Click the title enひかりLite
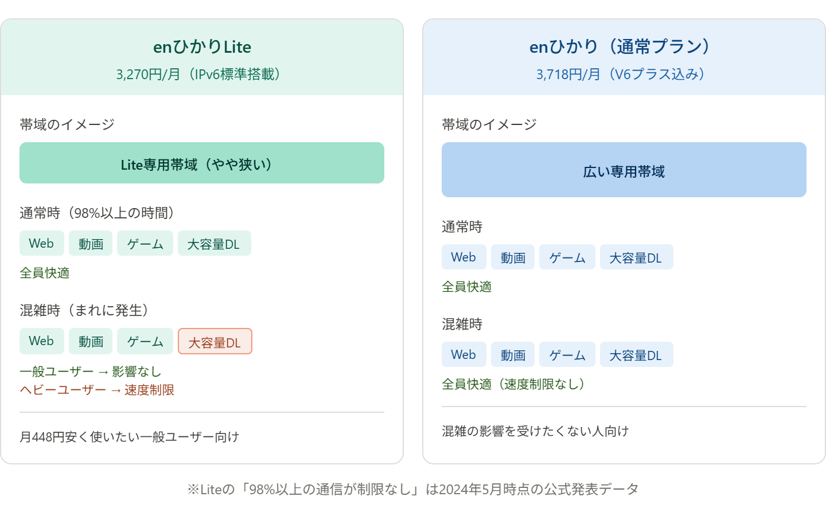pos(202,46)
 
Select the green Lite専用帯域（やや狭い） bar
pos(202,163)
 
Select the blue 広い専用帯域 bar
pos(624,170)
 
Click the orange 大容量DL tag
pos(215,342)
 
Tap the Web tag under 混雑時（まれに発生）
pos(41,341)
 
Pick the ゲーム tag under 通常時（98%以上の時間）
pos(145,244)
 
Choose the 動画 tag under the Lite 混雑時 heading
pos(91,341)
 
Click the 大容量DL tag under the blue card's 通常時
pos(636,257)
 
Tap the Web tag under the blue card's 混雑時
pos(463,355)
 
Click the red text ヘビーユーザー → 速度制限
pos(97,390)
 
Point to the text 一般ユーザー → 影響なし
pos(91,372)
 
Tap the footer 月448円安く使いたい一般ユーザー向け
pos(129,437)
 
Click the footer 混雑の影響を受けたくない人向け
pos(535,431)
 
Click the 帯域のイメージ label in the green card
pos(67,124)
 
